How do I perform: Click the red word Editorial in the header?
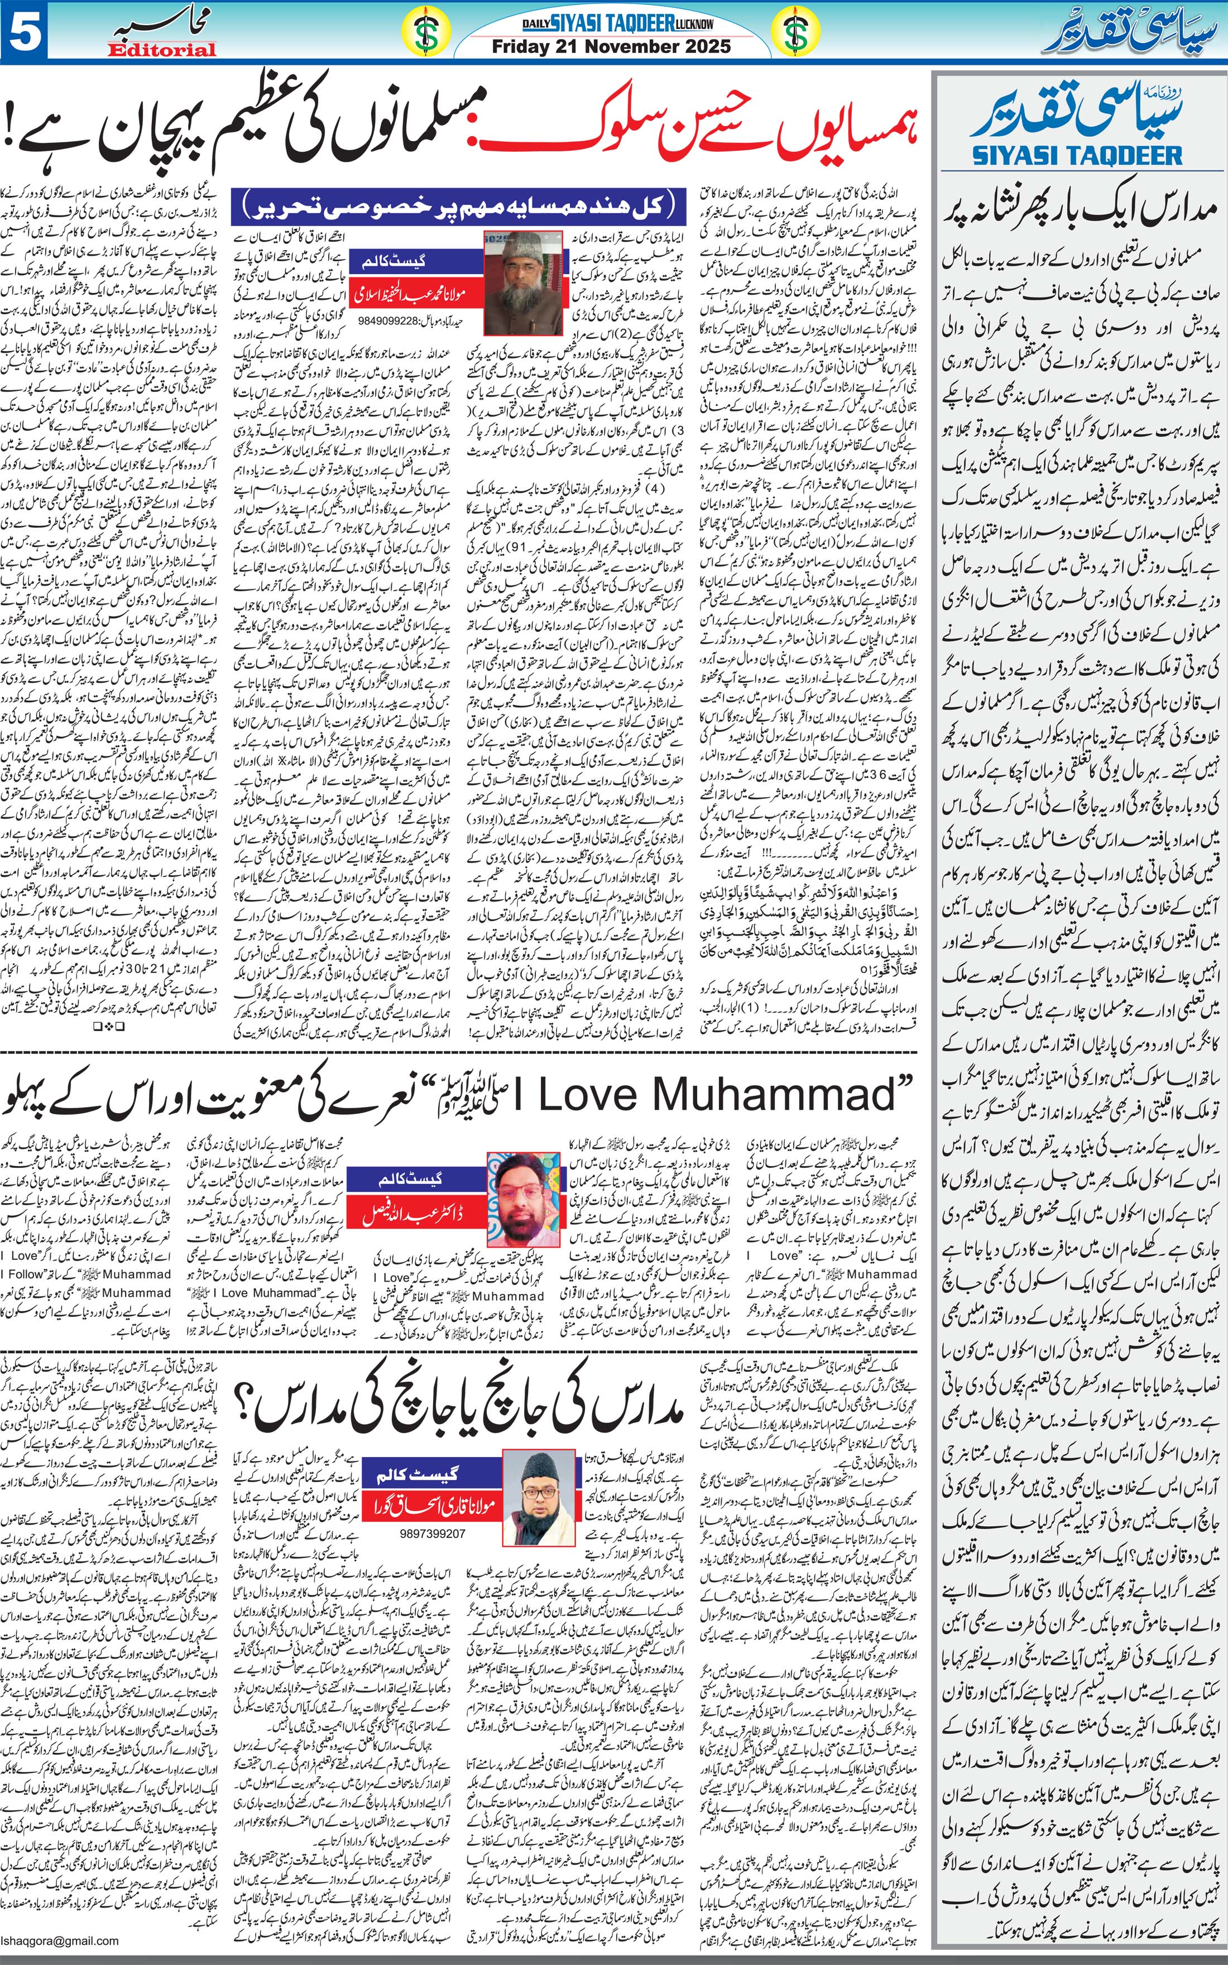[x=162, y=50]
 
